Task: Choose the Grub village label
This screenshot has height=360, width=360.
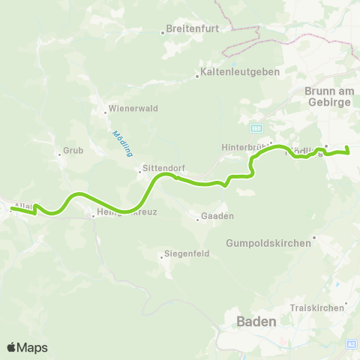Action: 73,150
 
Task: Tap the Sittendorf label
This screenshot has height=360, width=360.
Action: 164,169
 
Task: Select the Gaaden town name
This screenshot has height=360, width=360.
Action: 217,217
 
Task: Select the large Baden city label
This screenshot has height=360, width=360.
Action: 256,321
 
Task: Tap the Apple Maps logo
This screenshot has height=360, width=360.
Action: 27,347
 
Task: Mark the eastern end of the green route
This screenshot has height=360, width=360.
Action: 349,152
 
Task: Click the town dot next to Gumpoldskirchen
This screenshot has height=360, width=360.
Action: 315,238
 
